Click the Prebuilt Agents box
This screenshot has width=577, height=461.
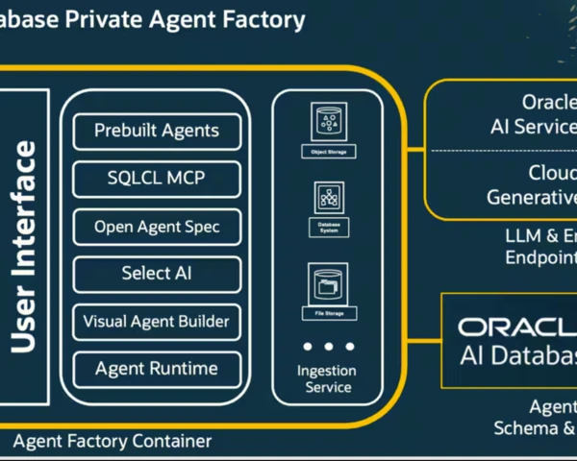pyautogui.click(x=157, y=132)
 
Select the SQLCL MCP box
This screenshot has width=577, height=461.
pyautogui.click(x=157, y=179)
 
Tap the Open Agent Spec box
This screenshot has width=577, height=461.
pyautogui.click(x=157, y=227)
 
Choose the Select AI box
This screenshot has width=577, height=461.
pyautogui.click(x=157, y=274)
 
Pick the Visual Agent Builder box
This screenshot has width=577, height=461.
pyautogui.click(x=157, y=321)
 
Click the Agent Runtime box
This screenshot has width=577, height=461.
pyautogui.click(x=157, y=369)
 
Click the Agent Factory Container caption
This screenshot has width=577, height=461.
pyautogui.click(x=113, y=441)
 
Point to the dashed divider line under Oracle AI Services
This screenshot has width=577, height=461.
pyautogui.click(x=500, y=151)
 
